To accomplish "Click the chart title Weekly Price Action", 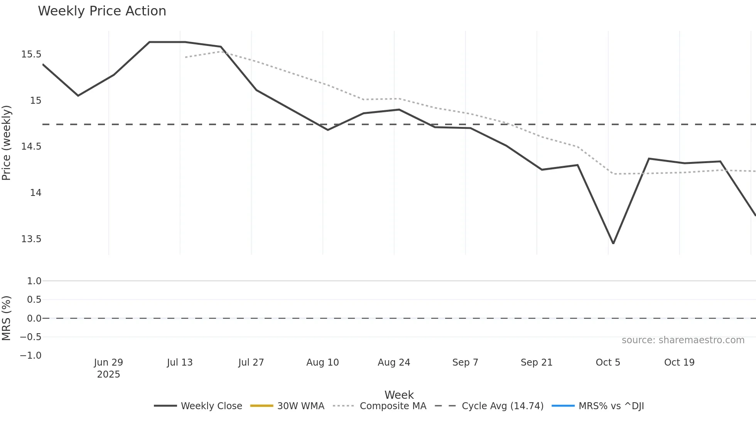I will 102,11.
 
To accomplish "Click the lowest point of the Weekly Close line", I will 613,243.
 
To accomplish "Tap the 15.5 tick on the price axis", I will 31,54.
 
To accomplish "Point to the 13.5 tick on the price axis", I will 31,239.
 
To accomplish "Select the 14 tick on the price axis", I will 35,193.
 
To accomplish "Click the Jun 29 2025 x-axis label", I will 108,368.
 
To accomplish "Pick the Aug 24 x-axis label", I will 394,363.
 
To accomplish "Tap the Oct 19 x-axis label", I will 679,363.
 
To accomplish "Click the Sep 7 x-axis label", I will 465,363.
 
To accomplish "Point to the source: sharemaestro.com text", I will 683,340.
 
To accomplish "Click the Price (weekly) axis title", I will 7,143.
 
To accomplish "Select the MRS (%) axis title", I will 7,318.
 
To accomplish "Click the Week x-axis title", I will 399,395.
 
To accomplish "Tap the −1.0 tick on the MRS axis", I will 31,356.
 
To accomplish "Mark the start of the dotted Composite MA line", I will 186,57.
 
